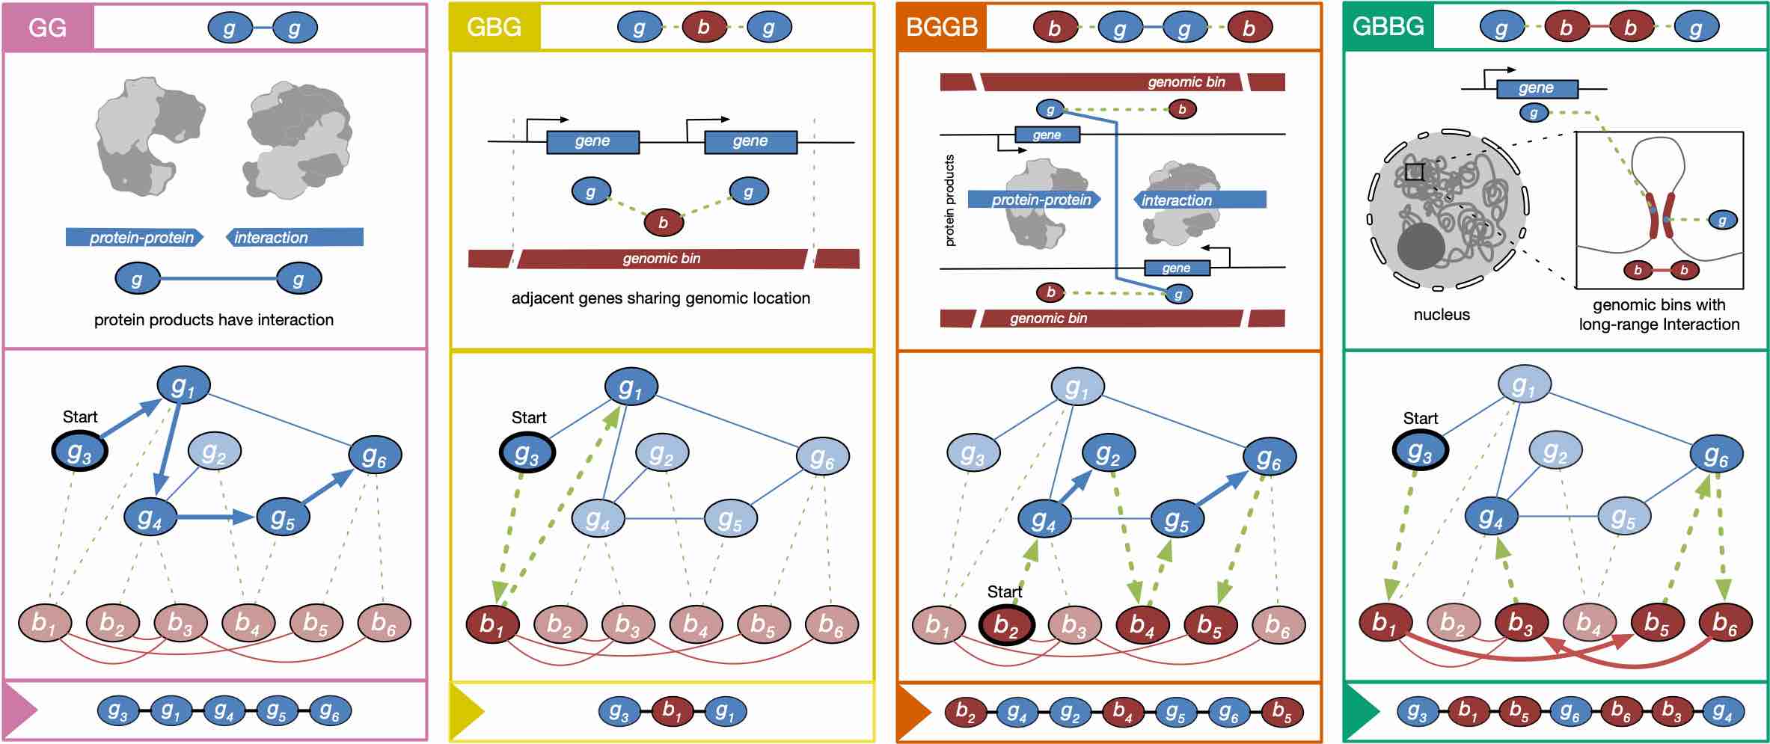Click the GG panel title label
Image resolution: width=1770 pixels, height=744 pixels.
[47, 28]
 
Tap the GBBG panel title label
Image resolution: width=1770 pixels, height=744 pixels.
[1388, 27]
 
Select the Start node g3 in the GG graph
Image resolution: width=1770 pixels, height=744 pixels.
[80, 452]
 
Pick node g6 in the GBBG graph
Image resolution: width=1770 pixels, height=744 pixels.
[1715, 455]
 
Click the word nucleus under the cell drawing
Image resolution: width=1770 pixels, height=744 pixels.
[1441, 315]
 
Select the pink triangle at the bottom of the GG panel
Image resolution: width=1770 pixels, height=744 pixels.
[19, 711]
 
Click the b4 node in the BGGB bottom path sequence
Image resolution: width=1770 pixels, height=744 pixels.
[1122, 711]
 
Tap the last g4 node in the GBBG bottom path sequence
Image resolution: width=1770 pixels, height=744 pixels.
[1721, 711]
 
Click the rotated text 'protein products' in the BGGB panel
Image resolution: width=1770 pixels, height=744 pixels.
[950, 200]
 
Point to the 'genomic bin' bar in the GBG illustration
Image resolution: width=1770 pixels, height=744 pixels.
[661, 259]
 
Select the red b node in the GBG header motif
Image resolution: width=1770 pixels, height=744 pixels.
[703, 28]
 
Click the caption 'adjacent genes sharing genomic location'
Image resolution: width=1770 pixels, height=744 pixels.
[661, 298]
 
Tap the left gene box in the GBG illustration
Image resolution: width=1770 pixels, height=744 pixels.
[592, 142]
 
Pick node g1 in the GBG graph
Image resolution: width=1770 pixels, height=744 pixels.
[631, 387]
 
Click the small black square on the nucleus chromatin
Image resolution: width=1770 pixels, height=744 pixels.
[1414, 172]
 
